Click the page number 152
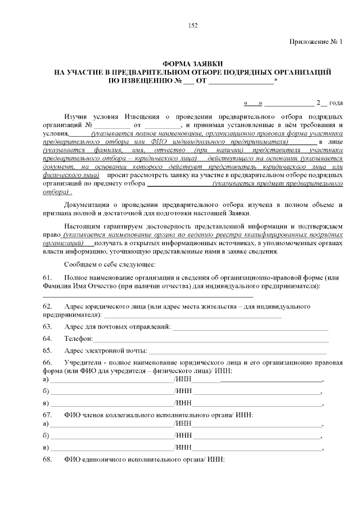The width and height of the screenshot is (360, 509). (192, 25)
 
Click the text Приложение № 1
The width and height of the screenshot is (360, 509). (316, 43)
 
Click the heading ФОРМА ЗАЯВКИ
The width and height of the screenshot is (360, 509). (192, 65)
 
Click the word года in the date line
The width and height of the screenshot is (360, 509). (336, 103)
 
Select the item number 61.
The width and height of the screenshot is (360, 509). (47, 278)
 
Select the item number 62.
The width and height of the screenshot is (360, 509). (47, 306)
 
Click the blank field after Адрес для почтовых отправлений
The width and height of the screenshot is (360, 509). (250, 327)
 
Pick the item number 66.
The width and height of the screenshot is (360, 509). (47, 363)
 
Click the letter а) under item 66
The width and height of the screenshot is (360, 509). (46, 380)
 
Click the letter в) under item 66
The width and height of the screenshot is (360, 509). (46, 403)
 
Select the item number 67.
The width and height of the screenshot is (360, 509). (47, 415)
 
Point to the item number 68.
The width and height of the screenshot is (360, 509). (47, 460)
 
